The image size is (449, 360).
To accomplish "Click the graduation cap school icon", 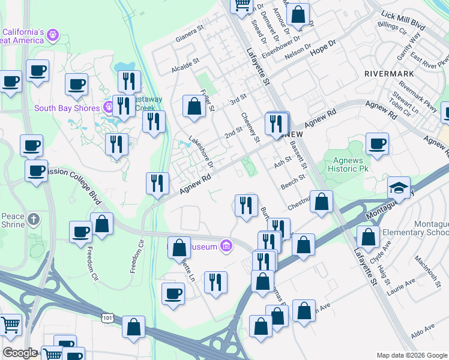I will click(399, 188).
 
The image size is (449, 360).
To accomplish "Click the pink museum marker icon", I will click(226, 245).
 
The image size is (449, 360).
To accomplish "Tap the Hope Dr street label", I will click(322, 50).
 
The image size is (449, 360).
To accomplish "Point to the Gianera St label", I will click(190, 39).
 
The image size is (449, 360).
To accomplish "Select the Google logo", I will click(20, 353).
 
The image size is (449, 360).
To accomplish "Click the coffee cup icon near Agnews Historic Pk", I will click(377, 143).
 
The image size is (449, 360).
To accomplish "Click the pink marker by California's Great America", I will click(53, 35).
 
